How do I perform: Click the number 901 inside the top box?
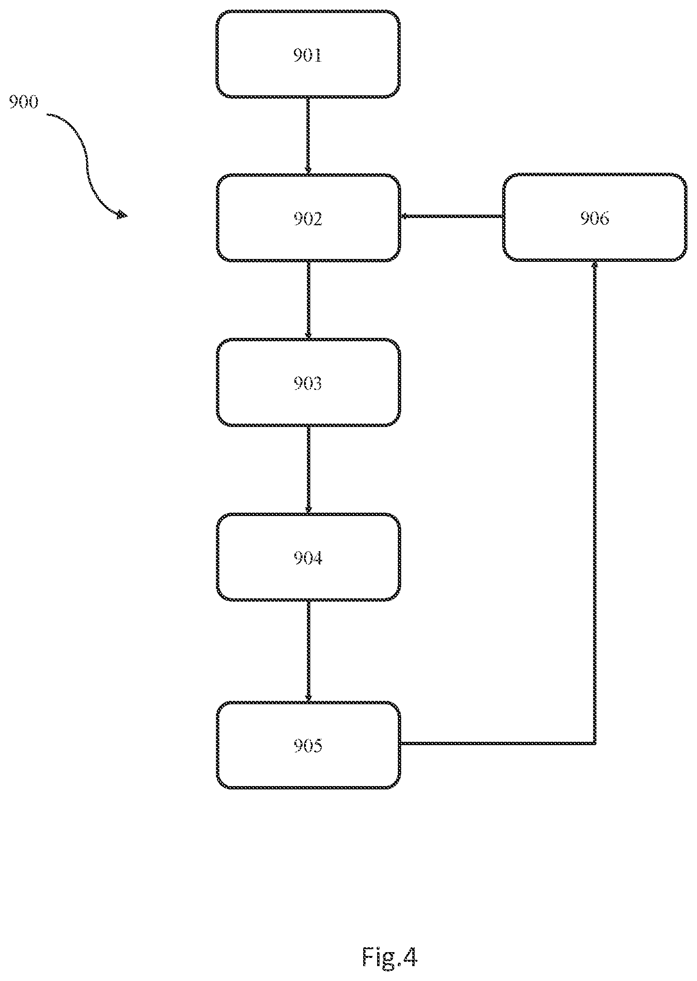point(307,56)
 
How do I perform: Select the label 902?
point(307,219)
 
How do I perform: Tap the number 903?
point(307,384)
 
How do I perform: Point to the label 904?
point(307,558)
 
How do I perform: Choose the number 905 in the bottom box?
point(307,746)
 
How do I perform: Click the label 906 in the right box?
point(595,219)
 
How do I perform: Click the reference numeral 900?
point(24,102)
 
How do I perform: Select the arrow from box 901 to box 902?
point(308,135)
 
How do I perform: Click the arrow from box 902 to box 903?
point(308,299)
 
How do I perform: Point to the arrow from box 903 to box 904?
point(308,469)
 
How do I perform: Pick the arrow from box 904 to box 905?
point(308,651)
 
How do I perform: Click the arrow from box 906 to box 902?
point(452,216)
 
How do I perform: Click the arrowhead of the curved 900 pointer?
point(123,215)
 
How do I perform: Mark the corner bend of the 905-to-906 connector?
point(595,744)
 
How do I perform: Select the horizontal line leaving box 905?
point(497,744)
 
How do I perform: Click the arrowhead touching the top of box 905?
point(308,698)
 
